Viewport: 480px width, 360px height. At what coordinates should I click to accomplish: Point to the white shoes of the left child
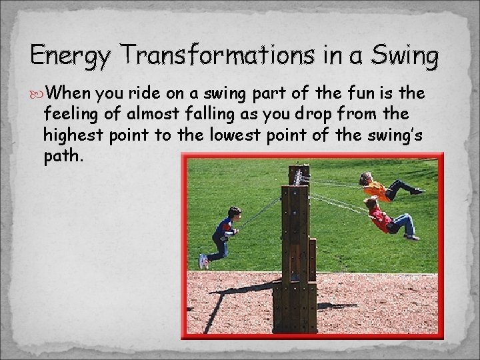[203, 261]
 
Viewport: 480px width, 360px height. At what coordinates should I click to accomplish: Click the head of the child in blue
[234, 213]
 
